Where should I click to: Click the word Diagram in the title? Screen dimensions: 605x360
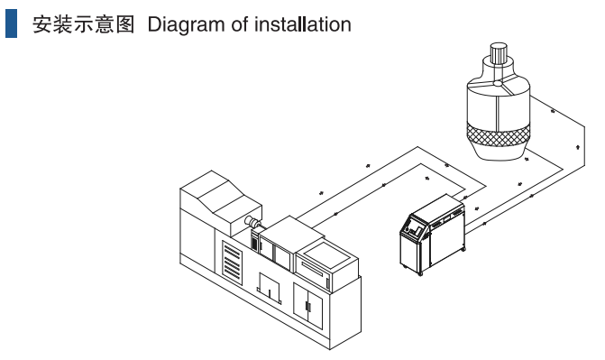[x=186, y=25]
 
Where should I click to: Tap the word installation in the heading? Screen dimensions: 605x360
[x=303, y=24]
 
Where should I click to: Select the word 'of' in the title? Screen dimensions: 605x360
[x=239, y=24]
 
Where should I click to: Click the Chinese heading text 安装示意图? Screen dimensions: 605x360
[x=83, y=24]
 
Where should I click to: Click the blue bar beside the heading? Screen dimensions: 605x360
[x=11, y=23]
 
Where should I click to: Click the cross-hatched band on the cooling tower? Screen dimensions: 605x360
[x=498, y=134]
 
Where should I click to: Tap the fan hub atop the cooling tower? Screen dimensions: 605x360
[x=498, y=83]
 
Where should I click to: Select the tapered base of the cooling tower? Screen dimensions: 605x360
[x=499, y=152]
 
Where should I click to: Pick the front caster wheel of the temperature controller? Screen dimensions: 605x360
[x=420, y=273]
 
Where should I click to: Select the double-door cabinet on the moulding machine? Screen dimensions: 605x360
[x=307, y=306]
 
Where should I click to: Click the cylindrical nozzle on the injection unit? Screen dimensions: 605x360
[x=252, y=222]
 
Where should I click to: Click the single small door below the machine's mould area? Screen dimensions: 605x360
[x=269, y=287]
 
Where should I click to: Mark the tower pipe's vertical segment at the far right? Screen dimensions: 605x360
[x=584, y=145]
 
